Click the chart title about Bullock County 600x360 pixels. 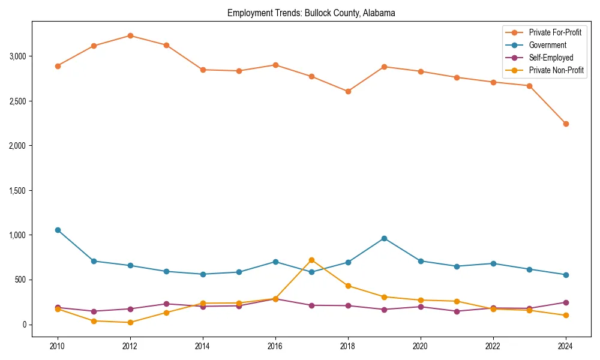311,13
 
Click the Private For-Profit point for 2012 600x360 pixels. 130,35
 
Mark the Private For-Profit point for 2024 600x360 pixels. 566,124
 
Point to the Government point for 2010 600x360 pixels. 58,230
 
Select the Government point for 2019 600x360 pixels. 384,238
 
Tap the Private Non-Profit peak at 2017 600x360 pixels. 311,260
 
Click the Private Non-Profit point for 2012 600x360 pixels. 130,322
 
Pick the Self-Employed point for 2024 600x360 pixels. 566,302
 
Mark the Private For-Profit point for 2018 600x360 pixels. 348,91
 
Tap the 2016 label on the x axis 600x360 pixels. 275,346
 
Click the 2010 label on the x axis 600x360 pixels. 58,346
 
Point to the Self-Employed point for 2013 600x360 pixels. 166,304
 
